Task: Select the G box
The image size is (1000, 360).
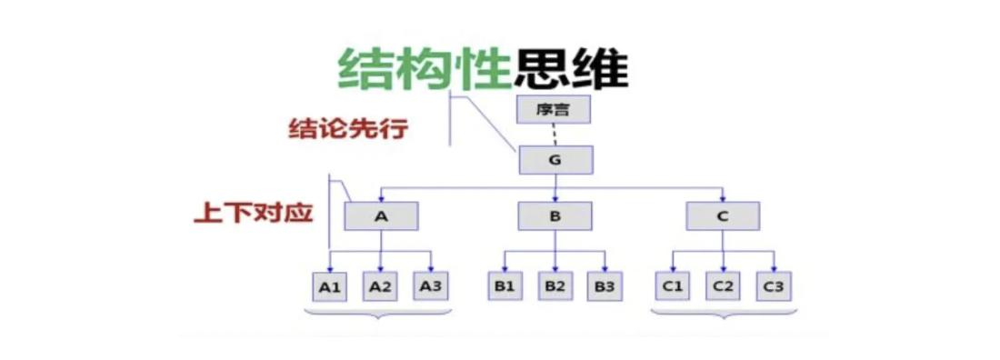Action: click(x=555, y=160)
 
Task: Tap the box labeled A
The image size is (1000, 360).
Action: click(x=380, y=215)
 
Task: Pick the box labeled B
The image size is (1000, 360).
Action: click(x=555, y=215)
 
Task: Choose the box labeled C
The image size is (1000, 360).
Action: click(x=723, y=215)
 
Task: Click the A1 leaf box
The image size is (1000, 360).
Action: click(x=329, y=287)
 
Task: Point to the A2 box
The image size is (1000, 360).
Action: click(x=380, y=287)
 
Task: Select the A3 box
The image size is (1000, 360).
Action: click(x=431, y=287)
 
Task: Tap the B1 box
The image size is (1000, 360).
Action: click(x=505, y=287)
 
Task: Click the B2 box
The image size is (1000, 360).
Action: click(x=555, y=287)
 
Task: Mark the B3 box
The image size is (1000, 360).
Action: click(x=605, y=287)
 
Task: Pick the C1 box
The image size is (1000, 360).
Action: click(x=672, y=287)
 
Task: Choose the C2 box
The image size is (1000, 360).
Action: click(x=723, y=287)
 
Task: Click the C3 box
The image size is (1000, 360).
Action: click(x=774, y=287)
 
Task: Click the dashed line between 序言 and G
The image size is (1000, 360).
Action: click(x=555, y=135)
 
